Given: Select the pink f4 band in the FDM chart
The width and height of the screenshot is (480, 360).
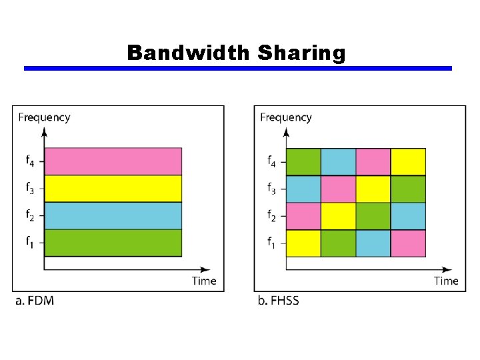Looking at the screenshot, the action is [113, 161].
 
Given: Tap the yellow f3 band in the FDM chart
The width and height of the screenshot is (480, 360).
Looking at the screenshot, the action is [113, 188].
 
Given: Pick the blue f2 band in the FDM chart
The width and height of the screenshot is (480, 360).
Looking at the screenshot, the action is [113, 215].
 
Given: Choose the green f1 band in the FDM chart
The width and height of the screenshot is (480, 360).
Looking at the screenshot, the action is [113, 243].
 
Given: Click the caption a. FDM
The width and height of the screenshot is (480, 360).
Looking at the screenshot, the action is [35, 301].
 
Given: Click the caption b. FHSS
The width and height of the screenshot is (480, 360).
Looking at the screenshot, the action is [279, 301].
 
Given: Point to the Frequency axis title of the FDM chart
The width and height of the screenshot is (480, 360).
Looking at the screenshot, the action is [44, 117].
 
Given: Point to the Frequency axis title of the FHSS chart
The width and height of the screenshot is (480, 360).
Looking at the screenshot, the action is [286, 117].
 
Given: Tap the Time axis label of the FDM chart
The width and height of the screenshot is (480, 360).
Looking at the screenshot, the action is [204, 281].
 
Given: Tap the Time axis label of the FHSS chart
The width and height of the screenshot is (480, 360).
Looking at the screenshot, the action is [446, 281].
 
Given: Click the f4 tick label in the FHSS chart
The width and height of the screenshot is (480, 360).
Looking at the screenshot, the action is [271, 161].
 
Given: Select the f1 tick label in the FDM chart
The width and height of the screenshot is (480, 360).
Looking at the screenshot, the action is [29, 243].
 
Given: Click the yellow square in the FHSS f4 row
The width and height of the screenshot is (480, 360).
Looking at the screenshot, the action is [408, 161].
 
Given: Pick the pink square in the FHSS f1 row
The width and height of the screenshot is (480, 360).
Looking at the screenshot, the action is [408, 243].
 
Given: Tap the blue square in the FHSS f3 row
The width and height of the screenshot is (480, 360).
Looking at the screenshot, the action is [303, 189].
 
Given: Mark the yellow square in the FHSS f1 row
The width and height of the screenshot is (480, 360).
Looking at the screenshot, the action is [303, 243].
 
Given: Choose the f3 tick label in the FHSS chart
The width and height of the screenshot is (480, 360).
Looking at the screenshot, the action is [271, 189].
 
